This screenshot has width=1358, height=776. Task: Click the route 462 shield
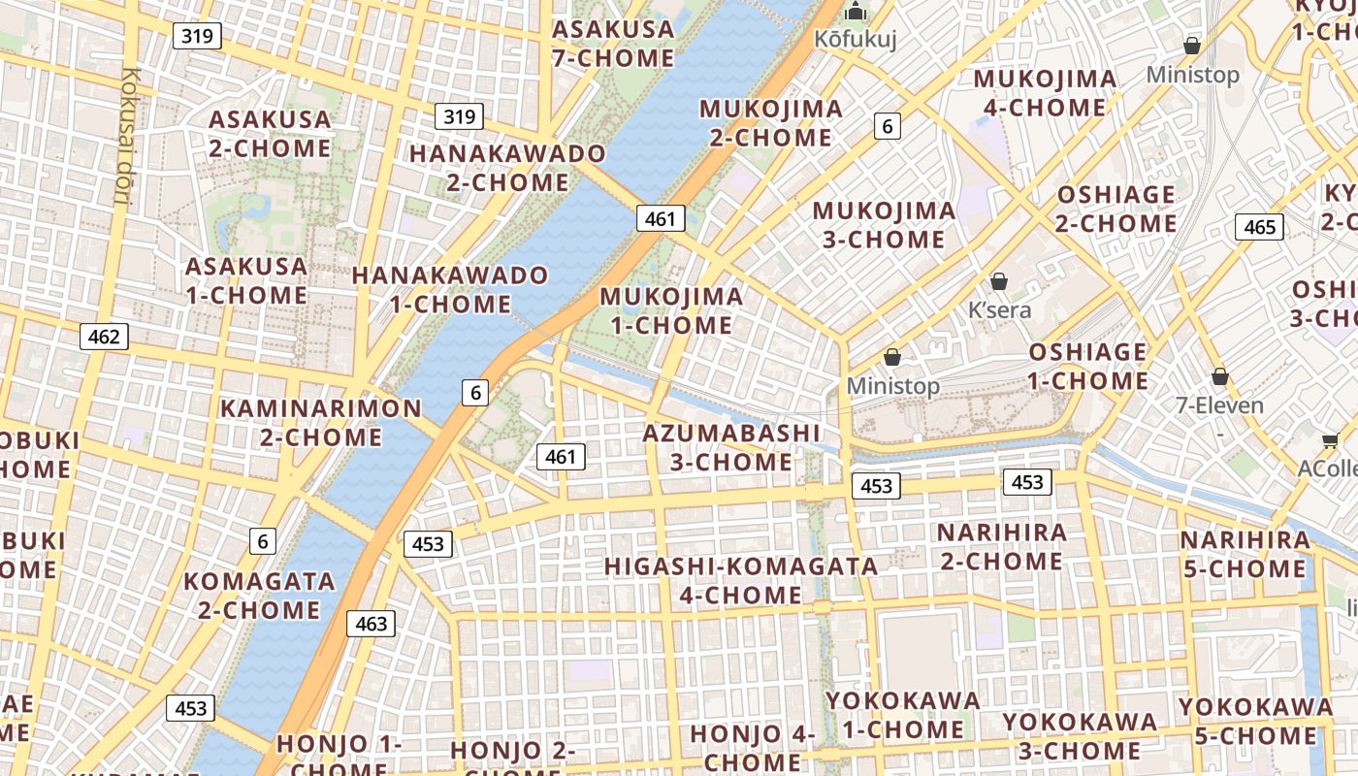tap(103, 337)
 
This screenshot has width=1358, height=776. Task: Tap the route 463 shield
tap(371, 624)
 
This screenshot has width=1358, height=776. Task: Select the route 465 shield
tap(1259, 227)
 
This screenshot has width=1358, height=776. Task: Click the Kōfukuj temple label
tap(855, 40)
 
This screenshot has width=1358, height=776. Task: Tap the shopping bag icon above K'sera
tap(999, 282)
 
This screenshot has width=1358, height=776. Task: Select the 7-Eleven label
tap(1219, 405)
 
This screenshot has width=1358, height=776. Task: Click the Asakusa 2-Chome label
tap(270, 134)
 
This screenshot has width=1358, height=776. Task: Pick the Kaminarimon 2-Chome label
tap(321, 422)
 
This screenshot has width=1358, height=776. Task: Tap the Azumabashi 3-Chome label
tap(731, 447)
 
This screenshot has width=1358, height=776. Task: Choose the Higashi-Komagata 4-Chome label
tap(741, 580)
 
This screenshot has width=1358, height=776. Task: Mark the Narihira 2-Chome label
tap(1002, 547)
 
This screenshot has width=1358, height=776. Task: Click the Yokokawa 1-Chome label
tap(903, 715)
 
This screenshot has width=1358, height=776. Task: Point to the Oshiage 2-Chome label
tap(1116, 209)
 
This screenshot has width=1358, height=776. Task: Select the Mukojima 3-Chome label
tap(884, 225)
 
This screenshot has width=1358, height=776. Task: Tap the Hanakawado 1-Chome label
tap(450, 289)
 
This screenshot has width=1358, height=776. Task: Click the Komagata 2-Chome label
tap(259, 596)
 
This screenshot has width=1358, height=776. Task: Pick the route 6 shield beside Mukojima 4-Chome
tap(887, 125)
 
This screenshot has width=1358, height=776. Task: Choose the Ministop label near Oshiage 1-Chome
tap(892, 386)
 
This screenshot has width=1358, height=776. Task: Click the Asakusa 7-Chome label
tap(613, 44)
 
